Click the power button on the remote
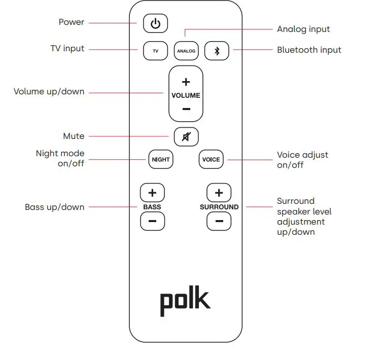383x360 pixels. click(x=155, y=23)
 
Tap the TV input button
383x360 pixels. click(x=155, y=51)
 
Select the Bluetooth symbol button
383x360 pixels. click(x=217, y=51)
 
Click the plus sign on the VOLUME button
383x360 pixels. click(x=186, y=82)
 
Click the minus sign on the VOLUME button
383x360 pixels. click(x=186, y=109)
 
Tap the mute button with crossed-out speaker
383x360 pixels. click(x=186, y=136)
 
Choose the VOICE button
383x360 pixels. click(x=211, y=159)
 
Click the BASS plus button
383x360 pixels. click(x=152, y=193)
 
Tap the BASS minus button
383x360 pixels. click(x=152, y=221)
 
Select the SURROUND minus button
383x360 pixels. click(x=219, y=221)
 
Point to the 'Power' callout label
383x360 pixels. click(x=72, y=22)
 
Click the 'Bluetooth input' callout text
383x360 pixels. click(x=309, y=50)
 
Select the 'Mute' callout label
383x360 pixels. click(x=74, y=136)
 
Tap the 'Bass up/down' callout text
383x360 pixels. click(x=55, y=207)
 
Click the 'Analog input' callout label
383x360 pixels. click(x=303, y=29)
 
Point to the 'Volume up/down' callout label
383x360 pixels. click(x=49, y=92)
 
